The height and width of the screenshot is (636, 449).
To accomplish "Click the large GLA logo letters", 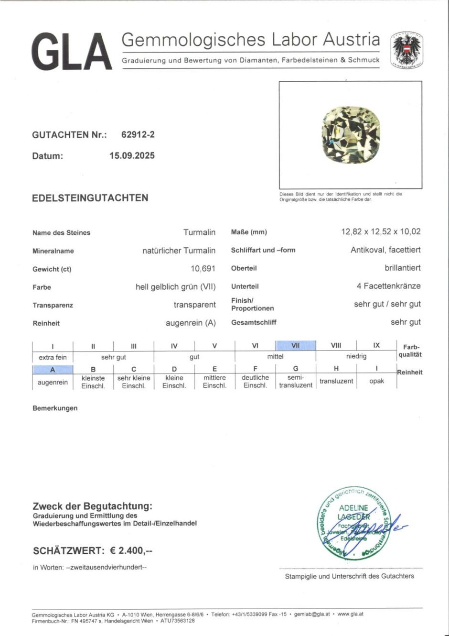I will [72, 52].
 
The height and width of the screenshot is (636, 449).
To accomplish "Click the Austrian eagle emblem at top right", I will [406, 50].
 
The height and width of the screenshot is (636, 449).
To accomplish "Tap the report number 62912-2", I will [138, 135].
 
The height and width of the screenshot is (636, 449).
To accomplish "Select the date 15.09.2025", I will [132, 155].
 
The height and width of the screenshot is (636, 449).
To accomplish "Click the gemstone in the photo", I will [351, 135].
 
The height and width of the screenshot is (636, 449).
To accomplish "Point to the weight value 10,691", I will [203, 269].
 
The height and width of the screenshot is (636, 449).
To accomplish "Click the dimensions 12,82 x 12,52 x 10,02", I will [381, 232].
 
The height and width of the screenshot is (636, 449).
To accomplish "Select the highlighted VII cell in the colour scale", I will [295, 345].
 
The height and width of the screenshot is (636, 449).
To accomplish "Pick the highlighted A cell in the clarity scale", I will [53, 370].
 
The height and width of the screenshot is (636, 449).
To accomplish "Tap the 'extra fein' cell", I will [53, 357].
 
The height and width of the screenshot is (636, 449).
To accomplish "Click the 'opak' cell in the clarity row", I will [376, 381].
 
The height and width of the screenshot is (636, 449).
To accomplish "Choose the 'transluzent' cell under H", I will [336, 381].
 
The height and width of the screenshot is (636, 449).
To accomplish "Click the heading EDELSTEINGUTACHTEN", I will [90, 198].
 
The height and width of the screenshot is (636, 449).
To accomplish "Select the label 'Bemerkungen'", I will [55, 408].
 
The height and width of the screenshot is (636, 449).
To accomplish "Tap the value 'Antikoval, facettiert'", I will [385, 250].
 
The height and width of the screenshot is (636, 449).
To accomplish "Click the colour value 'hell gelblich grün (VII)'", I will [175, 287].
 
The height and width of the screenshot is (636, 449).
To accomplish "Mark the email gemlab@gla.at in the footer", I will [312, 614].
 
